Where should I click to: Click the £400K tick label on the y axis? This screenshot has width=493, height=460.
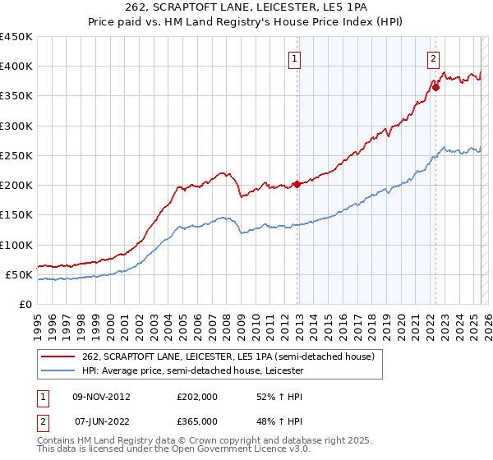coord(16,67)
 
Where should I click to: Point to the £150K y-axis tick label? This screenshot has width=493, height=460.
coord(16,215)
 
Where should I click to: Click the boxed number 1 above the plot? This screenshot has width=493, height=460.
coord(294,58)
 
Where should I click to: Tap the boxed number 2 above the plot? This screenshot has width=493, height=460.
coord(433,58)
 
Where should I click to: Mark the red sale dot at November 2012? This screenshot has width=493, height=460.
coord(297,184)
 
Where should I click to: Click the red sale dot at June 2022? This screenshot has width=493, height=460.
coord(435,88)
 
